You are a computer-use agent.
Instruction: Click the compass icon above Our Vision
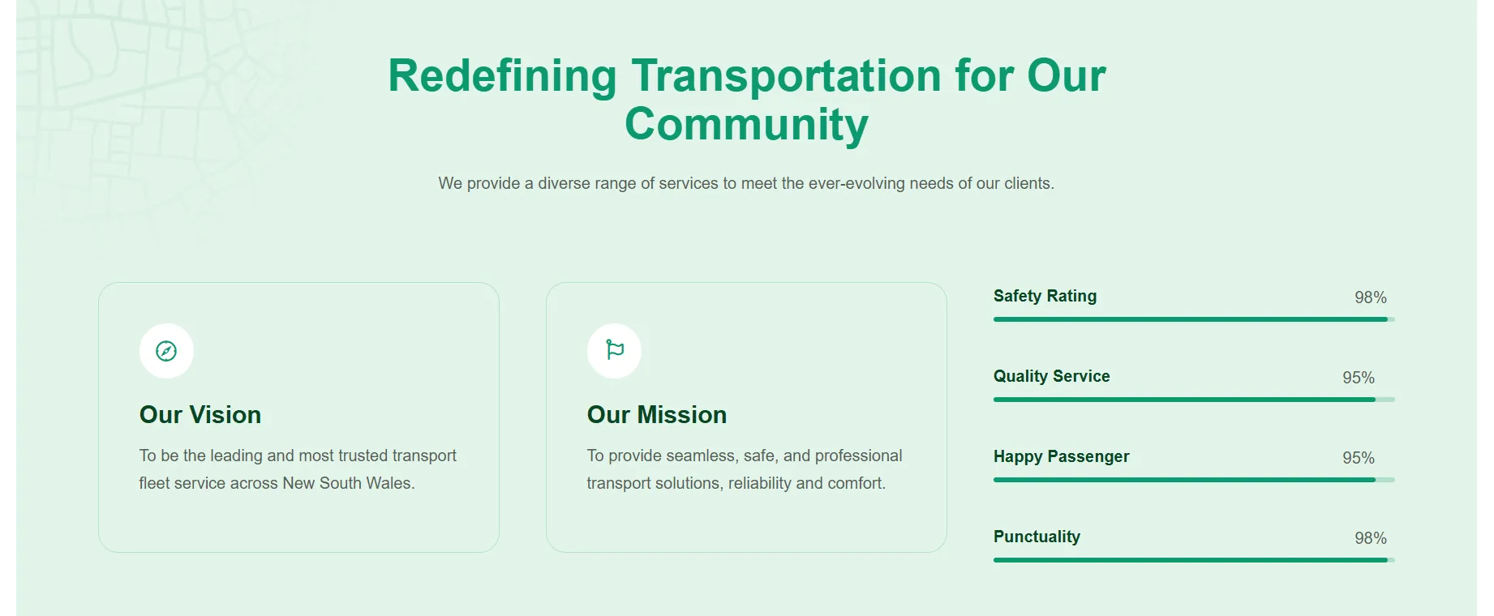tap(166, 351)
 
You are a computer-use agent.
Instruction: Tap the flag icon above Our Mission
tap(615, 350)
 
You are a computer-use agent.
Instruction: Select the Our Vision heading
tap(200, 415)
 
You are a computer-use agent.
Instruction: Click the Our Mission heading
tap(657, 415)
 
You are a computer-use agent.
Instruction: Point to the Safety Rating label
tap(1045, 297)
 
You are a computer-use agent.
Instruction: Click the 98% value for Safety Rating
tap(1371, 297)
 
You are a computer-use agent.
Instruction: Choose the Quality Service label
tap(1051, 376)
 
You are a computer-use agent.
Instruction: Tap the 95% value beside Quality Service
tap(1359, 378)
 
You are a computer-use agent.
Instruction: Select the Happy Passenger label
tap(1061, 456)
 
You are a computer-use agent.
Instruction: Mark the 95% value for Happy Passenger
tap(1359, 458)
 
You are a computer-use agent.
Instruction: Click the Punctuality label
tap(1037, 537)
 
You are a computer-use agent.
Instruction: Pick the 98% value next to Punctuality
tap(1371, 538)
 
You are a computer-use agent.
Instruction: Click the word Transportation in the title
tap(787, 76)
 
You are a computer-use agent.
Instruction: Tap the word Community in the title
tap(746, 125)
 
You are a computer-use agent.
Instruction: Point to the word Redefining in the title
tap(503, 76)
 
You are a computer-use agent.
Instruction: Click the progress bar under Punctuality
tap(1194, 560)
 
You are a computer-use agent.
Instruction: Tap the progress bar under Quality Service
tap(1194, 400)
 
